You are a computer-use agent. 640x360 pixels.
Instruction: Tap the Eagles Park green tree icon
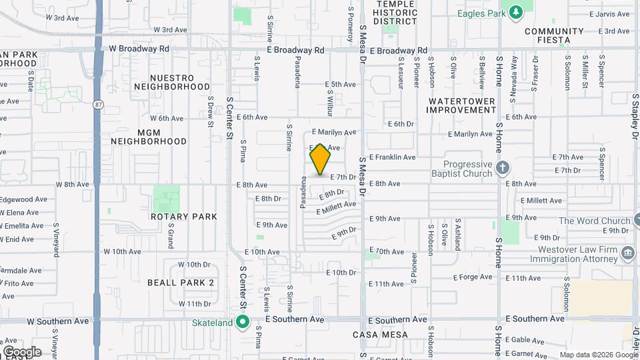point(515,12)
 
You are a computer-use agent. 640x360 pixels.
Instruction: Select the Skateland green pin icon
point(243,323)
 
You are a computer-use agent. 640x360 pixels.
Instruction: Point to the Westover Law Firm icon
point(627,253)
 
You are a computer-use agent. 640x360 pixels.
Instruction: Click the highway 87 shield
point(99,104)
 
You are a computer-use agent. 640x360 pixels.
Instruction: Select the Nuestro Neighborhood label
point(172,82)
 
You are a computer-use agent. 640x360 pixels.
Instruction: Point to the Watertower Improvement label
point(461,105)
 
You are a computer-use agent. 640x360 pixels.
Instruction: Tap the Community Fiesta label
point(555,35)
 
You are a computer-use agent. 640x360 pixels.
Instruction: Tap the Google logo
point(22,352)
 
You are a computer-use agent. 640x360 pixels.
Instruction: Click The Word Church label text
point(595,221)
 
